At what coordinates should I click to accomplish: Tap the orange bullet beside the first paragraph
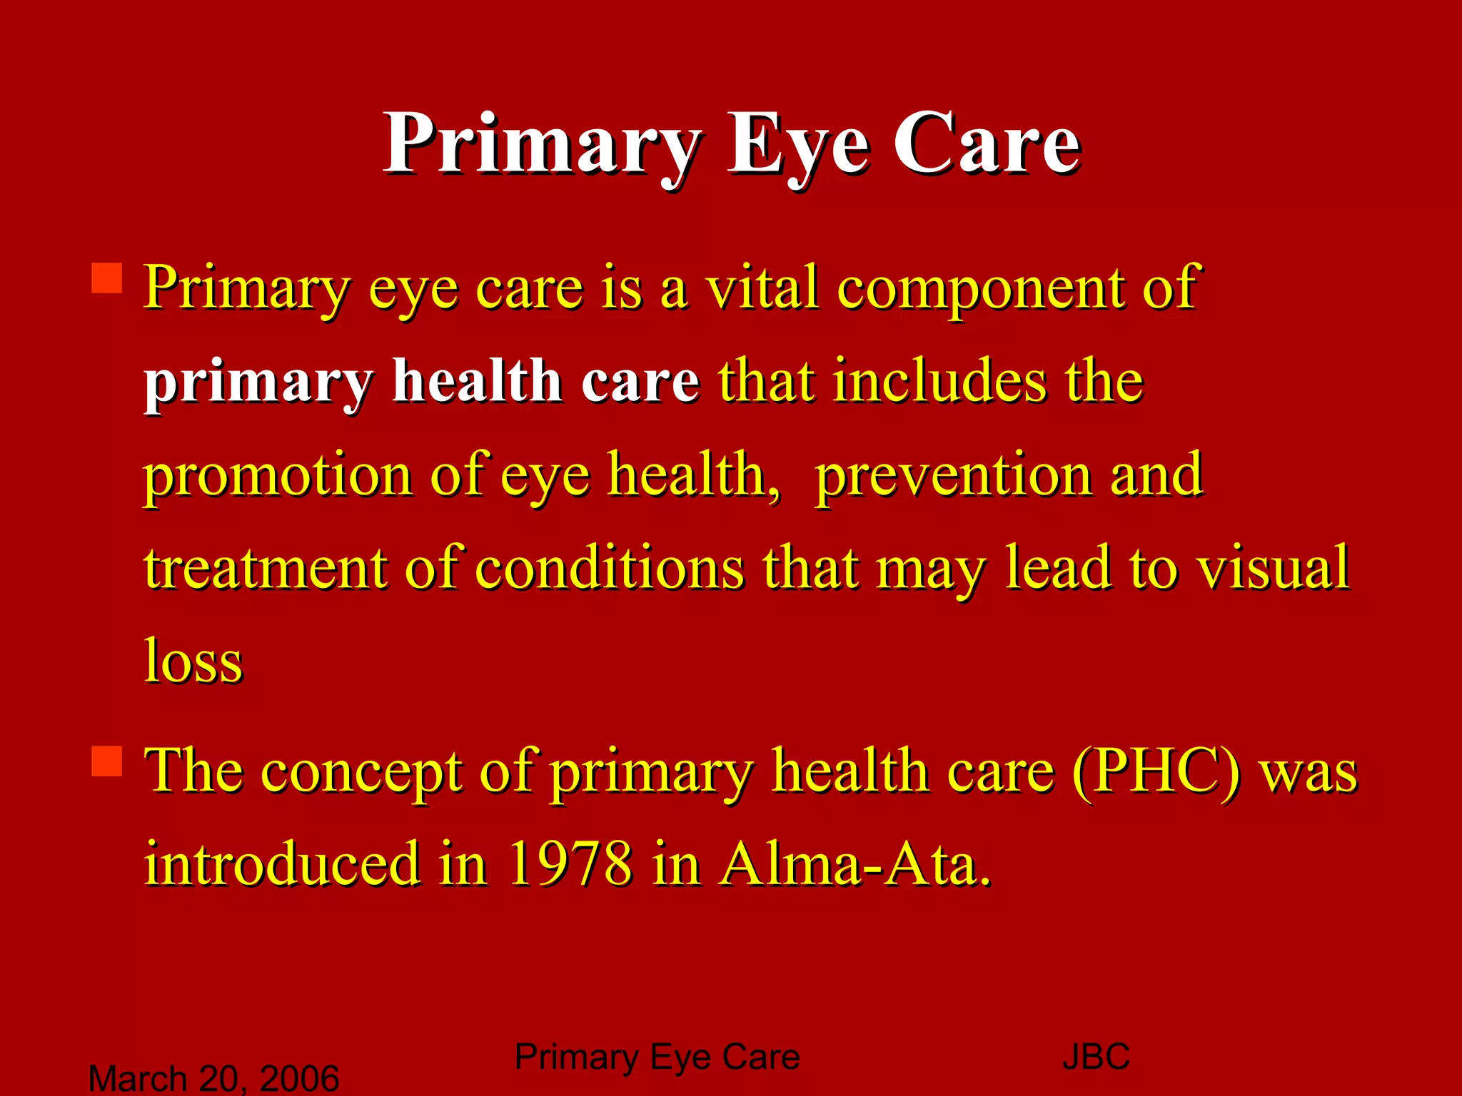coord(107,278)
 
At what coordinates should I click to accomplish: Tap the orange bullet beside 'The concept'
coord(107,761)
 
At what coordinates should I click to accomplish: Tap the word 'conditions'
coord(609,569)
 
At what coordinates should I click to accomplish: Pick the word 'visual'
coord(1273,569)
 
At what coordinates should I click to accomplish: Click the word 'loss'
coord(193,661)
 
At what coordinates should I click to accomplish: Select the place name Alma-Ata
coord(855,864)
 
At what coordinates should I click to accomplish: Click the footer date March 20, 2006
coord(213,1078)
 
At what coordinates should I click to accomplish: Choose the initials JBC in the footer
coord(1096,1057)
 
